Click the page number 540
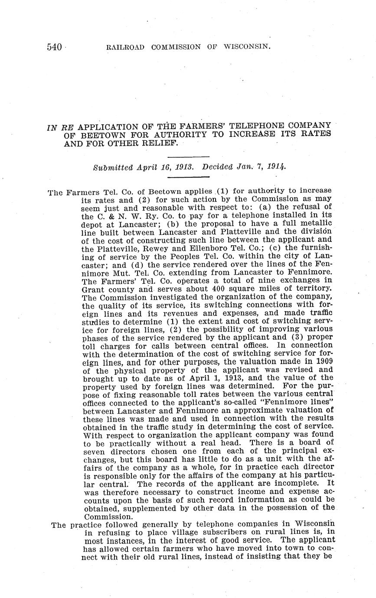tap(55, 47)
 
